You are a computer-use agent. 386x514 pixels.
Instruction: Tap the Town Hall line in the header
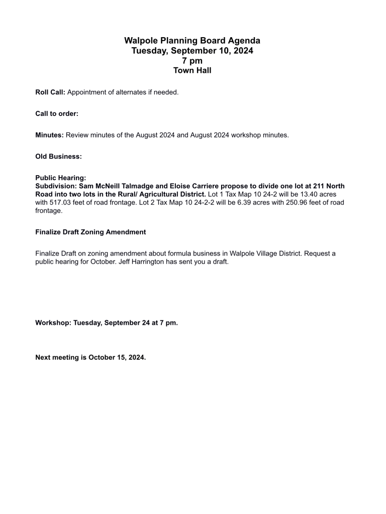click(x=192, y=70)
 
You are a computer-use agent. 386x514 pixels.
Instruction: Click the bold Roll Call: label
click(x=50, y=92)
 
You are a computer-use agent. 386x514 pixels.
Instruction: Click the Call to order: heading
click(x=57, y=114)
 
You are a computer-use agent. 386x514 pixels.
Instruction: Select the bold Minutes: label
click(x=49, y=135)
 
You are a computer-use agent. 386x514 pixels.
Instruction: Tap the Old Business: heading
click(x=58, y=157)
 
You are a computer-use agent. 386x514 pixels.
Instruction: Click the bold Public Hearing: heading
click(x=61, y=178)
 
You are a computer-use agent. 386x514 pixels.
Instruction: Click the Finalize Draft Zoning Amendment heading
click(x=90, y=232)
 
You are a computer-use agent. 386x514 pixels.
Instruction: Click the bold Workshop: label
click(x=53, y=323)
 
